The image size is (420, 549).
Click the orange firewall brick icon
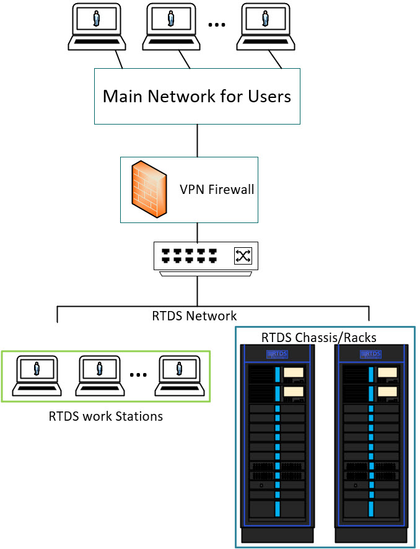[149, 190]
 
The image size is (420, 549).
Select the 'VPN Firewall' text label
[217, 190]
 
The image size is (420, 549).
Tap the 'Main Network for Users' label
[197, 97]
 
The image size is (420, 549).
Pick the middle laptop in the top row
[171, 26]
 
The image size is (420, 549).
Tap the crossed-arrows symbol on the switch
[242, 256]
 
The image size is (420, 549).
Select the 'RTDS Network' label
[195, 315]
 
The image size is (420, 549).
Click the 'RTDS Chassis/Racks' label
[319, 338]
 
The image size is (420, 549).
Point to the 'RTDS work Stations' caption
[106, 416]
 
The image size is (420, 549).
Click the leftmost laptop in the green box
[37, 376]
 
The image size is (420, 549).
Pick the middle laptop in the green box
[100, 376]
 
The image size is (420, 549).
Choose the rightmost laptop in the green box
[180, 376]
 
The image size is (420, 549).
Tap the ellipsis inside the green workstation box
[139, 375]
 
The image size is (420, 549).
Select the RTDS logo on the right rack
[370, 354]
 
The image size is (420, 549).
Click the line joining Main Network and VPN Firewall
[198, 140]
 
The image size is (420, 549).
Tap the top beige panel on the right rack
[388, 372]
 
